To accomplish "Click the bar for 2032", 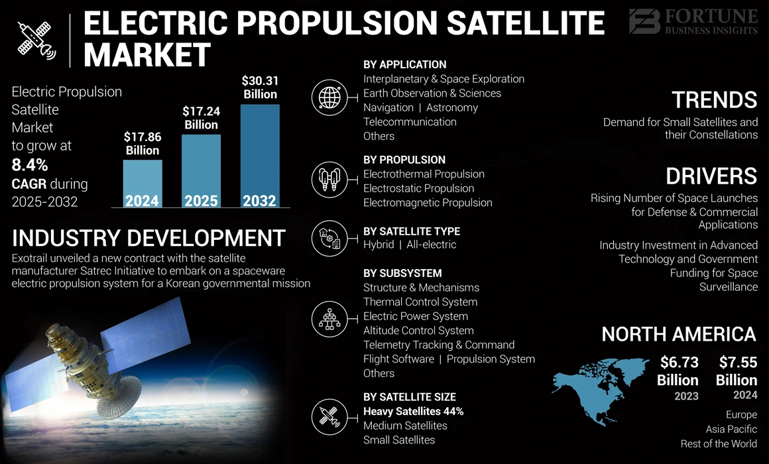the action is (x=259, y=156).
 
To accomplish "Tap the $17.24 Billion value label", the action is (x=201, y=118).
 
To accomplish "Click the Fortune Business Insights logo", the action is (x=693, y=21).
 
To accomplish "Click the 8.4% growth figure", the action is (x=30, y=165).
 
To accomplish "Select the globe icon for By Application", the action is (x=329, y=98).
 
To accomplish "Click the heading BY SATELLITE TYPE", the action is (x=411, y=231).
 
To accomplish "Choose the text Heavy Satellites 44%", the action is (x=413, y=411).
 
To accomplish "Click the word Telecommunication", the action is (x=410, y=122).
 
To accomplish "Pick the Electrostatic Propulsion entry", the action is (x=418, y=188).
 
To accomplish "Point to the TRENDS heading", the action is (x=714, y=100).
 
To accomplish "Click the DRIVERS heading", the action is (x=711, y=176).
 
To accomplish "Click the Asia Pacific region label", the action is (x=732, y=429).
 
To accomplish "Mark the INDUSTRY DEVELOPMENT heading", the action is (x=148, y=238).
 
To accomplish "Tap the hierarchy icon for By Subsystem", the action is (x=329, y=318).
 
